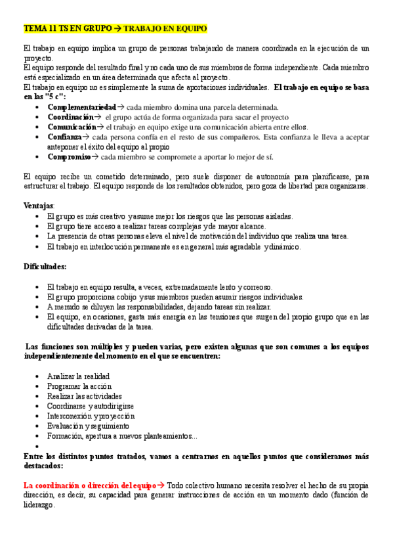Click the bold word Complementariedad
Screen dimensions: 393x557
[81, 106]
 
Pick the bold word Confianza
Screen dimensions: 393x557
[64, 137]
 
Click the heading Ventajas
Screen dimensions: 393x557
[39, 206]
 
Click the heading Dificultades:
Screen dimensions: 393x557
[45, 266]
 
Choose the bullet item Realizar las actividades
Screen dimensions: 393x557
[85, 396]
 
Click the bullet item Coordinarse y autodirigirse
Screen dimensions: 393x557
[90, 406]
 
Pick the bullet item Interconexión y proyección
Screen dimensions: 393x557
[91, 416]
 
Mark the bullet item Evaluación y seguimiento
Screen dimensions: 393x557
[88, 426]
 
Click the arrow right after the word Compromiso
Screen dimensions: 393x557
[96, 156]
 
